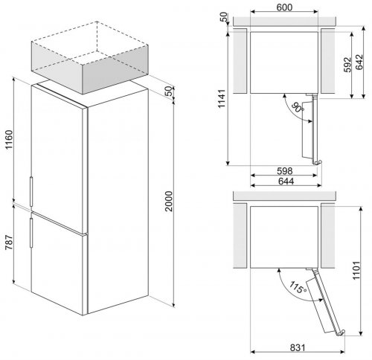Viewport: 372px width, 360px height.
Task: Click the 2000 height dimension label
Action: pyautogui.click(x=169, y=201)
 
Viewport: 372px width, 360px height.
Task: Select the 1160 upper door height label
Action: pyautogui.click(x=9, y=139)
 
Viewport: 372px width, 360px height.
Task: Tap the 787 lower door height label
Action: pyautogui.click(x=9, y=242)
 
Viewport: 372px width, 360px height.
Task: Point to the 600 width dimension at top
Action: pyautogui.click(x=284, y=7)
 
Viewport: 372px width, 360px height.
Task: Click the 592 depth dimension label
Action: pyautogui.click(x=348, y=65)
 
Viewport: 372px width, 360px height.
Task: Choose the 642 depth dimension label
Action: pyautogui.click(x=359, y=62)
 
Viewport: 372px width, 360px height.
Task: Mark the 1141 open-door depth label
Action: pyautogui.click(x=221, y=99)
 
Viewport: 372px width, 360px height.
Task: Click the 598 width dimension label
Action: pyautogui.click(x=285, y=170)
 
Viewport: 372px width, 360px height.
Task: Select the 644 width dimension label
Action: pyautogui.click(x=286, y=181)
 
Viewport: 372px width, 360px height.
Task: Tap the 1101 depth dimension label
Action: pyautogui.click(x=356, y=270)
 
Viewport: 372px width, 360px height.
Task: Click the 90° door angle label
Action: pyautogui.click(x=297, y=107)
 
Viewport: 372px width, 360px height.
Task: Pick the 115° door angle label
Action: pyautogui.click(x=298, y=287)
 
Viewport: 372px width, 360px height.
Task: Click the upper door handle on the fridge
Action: pyautogui.click(x=31, y=191)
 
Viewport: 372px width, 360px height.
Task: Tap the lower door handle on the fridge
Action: pyautogui.click(x=31, y=233)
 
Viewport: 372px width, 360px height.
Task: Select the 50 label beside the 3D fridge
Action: pyautogui.click(x=169, y=91)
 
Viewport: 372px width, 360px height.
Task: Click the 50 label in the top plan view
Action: pyautogui.click(x=224, y=17)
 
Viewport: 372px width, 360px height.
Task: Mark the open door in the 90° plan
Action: pyautogui.click(x=311, y=129)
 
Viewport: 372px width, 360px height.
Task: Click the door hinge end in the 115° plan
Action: pyautogui.click(x=341, y=333)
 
